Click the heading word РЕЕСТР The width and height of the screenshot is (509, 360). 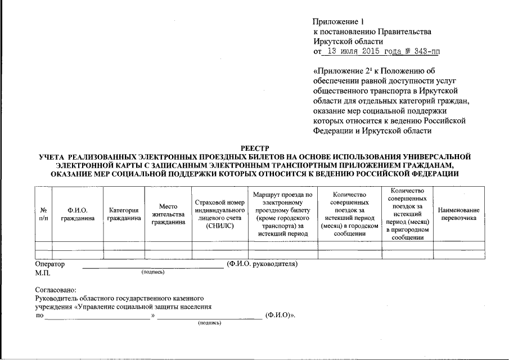(x=255, y=148)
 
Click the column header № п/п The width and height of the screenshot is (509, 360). (x=43, y=214)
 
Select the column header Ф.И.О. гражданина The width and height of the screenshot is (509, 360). (x=78, y=214)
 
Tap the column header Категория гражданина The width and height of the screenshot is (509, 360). (x=124, y=214)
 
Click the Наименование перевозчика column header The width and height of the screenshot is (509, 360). (x=458, y=214)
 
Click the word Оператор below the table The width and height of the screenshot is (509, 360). (x=50, y=264)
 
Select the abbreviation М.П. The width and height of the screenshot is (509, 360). (x=43, y=273)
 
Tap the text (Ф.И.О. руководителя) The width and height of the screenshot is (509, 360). (x=262, y=264)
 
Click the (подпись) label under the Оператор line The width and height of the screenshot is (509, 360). (x=153, y=272)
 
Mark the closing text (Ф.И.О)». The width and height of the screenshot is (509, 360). (x=280, y=316)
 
